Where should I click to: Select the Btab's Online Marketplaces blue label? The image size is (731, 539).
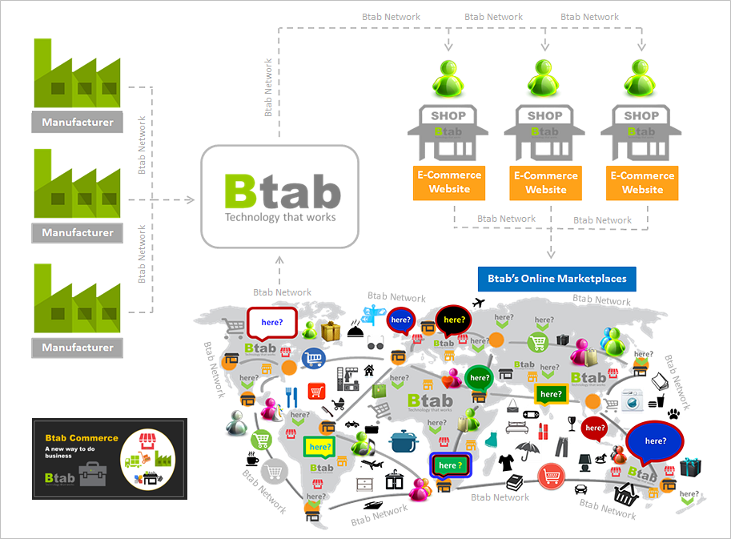556,279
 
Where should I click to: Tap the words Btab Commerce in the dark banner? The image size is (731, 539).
82,438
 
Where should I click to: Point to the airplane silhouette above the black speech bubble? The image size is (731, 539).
480,303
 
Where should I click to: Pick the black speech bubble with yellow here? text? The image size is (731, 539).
454,320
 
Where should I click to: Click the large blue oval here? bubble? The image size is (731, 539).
655,441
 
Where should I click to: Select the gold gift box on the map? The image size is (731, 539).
331,330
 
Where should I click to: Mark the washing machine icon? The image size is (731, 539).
633,398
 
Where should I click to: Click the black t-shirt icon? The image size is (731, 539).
506,462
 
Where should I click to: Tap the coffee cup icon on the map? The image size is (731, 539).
251,461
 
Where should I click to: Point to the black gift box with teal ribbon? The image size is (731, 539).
689,467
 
